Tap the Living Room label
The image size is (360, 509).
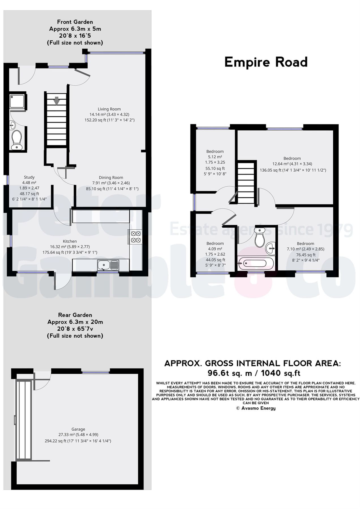coord(109,109)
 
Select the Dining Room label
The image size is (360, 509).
coord(111,178)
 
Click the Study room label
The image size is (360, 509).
coord(29,177)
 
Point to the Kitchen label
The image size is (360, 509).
coord(70,241)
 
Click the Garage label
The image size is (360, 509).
coord(78,429)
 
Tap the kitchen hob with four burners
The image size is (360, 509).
coord(135,237)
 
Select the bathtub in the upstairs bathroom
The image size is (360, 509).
coord(256,264)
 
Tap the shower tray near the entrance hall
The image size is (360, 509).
coord(17,101)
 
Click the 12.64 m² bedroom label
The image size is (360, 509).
coord(292,158)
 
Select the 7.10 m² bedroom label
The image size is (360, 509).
coord(305,243)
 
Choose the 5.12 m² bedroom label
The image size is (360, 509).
coord(215,151)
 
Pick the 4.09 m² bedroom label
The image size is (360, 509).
coord(215,243)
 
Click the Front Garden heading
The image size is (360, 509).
coord(75,22)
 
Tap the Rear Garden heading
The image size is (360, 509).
coord(75,315)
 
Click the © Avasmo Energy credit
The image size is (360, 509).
coord(256,408)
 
